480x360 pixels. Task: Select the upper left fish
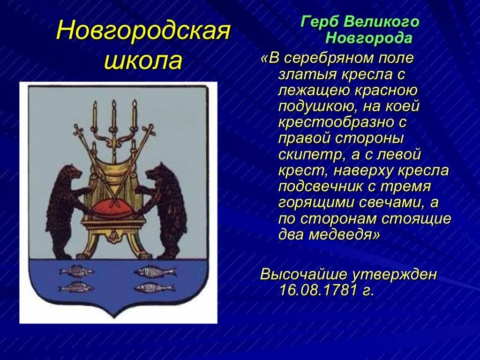76,271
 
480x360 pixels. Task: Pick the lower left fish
76,287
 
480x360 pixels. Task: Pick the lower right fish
155,287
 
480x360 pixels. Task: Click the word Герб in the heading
320,22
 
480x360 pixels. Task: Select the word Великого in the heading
382,22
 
